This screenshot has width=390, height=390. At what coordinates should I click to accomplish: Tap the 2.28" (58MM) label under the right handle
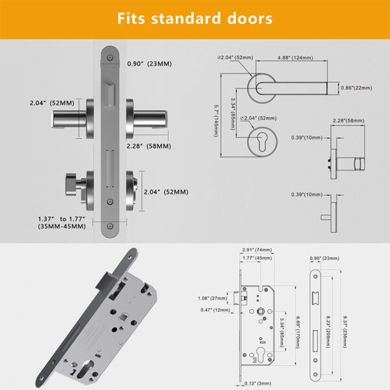coord(148,146)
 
